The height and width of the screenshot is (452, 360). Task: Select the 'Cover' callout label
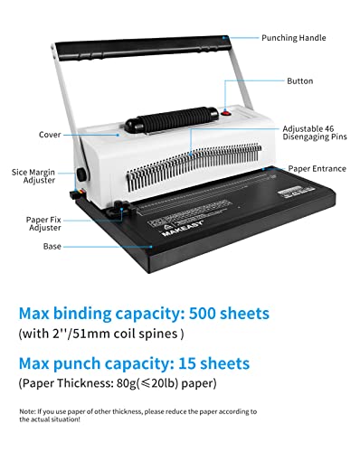pos(52,135)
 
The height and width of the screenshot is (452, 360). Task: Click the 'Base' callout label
pos(52,245)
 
